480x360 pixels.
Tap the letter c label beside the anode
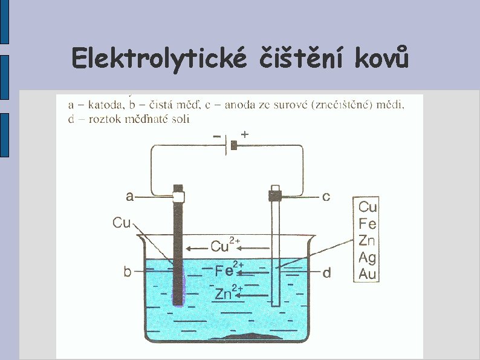click(x=326, y=197)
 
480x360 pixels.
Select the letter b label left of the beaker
click(x=128, y=272)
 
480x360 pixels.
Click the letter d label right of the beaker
click(x=326, y=273)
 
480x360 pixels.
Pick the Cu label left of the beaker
click(x=122, y=223)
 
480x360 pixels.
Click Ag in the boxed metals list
click(x=367, y=258)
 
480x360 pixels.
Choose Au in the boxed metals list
click(x=367, y=274)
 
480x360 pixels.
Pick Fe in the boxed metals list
click(x=367, y=224)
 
